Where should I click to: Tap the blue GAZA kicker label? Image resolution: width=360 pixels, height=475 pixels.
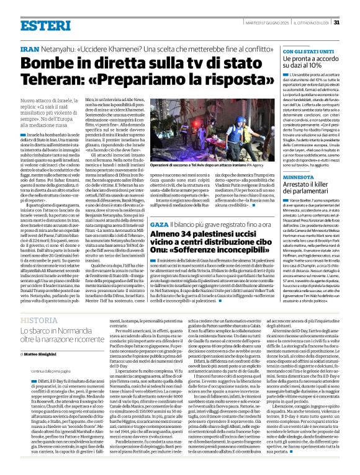click(159, 223)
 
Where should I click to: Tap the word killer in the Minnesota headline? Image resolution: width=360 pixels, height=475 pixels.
click(323, 185)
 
